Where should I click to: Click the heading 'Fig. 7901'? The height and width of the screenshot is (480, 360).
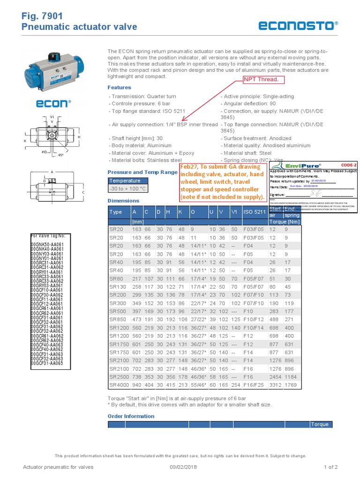coord(42,16)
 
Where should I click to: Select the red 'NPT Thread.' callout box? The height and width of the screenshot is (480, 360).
coord(261,79)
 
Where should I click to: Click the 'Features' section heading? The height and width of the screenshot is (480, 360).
coord(120,88)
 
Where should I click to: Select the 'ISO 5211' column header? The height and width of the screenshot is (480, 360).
coord(254,212)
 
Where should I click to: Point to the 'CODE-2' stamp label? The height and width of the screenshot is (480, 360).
coord(348,165)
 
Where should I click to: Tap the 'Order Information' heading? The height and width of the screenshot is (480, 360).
coord(131,416)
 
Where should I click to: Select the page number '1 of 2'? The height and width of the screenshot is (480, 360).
coord(330,467)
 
